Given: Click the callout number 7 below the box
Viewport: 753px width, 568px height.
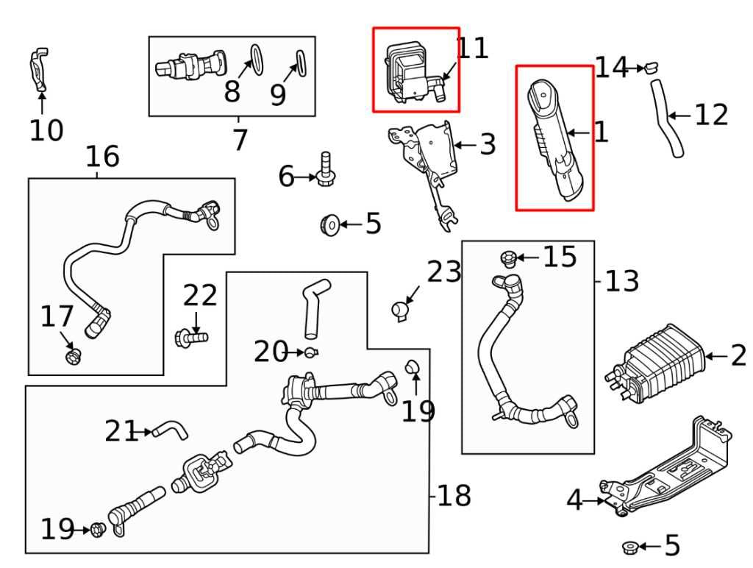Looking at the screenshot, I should [240, 139].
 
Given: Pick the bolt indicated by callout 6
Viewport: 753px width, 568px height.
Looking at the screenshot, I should [324, 170].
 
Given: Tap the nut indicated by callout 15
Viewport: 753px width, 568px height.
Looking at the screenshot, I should [507, 258].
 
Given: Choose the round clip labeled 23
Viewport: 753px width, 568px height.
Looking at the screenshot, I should [400, 310].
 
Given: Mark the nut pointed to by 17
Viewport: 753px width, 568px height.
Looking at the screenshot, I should [72, 357].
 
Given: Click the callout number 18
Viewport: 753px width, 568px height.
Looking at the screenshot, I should [454, 496].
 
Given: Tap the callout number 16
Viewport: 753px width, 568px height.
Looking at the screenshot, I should [102, 156].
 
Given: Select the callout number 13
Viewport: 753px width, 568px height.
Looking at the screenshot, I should [621, 280].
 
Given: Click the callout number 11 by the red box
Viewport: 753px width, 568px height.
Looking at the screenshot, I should [472, 48].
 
